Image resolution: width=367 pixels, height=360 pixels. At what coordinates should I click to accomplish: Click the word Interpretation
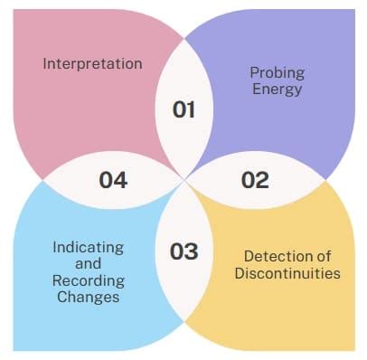point(92,63)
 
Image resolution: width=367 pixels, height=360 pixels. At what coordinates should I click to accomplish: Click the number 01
point(183,109)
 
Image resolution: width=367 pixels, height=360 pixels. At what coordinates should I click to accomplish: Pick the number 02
point(255,180)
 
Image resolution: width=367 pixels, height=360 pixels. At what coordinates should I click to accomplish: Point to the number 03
point(183,251)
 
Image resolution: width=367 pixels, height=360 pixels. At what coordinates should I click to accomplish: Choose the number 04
point(113,180)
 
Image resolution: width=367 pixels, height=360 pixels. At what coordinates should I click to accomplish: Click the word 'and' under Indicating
point(89,264)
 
